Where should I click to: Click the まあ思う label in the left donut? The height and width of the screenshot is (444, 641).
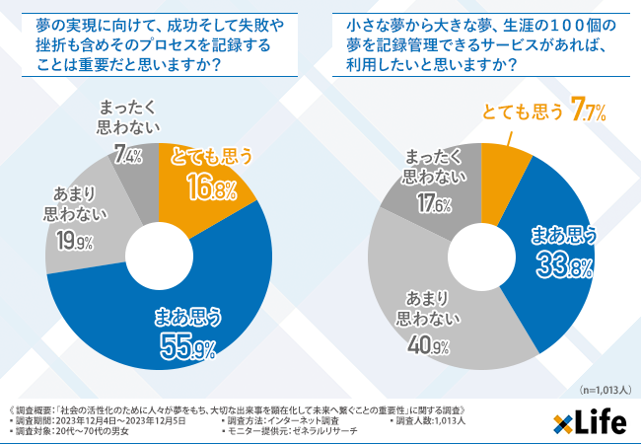click(187, 317)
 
